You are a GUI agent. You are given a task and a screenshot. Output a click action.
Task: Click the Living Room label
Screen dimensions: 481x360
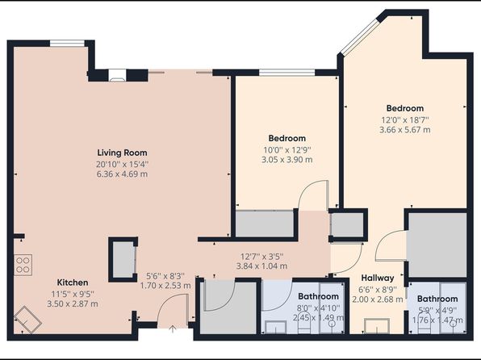click(x=122, y=153)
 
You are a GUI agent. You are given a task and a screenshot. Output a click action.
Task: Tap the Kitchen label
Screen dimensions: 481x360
click(x=73, y=283)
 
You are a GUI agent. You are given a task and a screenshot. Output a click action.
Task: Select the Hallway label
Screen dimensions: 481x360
click(x=378, y=278)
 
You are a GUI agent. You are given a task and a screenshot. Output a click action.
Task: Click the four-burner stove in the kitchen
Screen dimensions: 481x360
click(x=23, y=265)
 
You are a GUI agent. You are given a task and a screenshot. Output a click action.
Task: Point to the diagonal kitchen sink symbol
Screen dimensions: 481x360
click(x=27, y=319)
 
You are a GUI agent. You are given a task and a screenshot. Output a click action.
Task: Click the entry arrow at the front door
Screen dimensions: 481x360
click(x=173, y=329)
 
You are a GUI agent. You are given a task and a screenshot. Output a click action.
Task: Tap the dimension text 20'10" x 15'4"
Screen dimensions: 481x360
click(x=122, y=164)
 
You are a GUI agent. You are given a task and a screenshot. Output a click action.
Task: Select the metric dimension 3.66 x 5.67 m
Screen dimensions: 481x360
click(x=405, y=130)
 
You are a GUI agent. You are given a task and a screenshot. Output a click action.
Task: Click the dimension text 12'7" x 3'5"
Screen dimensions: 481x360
click(x=261, y=256)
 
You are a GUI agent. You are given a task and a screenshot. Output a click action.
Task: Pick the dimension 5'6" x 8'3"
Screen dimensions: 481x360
click(x=165, y=276)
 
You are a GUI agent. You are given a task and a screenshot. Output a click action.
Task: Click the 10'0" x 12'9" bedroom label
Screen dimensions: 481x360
click(x=287, y=150)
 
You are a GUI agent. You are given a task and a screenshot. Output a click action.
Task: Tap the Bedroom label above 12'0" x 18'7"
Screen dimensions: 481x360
click(x=405, y=108)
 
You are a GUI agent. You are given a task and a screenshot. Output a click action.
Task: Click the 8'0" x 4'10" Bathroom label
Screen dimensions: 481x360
click(x=319, y=296)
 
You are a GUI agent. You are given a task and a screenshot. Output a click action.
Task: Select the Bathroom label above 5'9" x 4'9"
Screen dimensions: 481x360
click(x=437, y=299)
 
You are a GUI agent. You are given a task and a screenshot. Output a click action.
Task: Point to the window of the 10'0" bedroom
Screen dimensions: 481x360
click(x=287, y=73)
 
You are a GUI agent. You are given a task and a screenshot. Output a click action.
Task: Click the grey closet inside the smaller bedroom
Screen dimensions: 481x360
click(x=265, y=224)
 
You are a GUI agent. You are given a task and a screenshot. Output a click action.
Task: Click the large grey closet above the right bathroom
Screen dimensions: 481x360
click(x=437, y=245)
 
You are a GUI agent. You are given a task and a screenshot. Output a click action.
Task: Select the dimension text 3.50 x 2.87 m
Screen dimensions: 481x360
click(x=73, y=303)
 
